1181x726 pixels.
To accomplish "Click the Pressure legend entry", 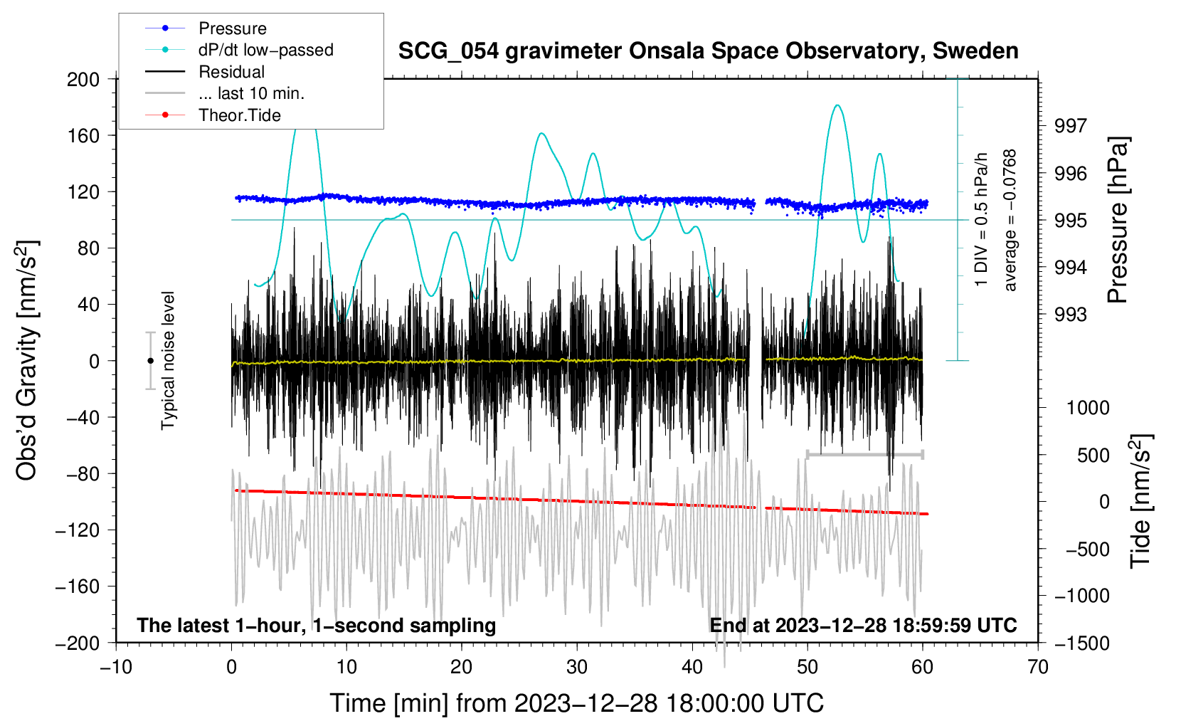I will pyautogui.click(x=232, y=28).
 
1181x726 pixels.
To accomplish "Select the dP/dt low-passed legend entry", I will pyautogui.click(x=265, y=50).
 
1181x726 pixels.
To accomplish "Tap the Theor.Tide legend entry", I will pyautogui.click(x=239, y=115).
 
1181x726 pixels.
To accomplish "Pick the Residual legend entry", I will pyautogui.click(x=231, y=72).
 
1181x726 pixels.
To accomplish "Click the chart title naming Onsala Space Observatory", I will pyautogui.click(x=708, y=51).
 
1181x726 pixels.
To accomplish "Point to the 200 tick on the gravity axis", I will pyautogui.click(x=83, y=79).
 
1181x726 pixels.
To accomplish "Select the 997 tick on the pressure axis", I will pyautogui.click(x=1071, y=126).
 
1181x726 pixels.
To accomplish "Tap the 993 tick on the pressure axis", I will pyautogui.click(x=1071, y=315).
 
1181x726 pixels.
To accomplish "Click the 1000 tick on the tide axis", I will pyautogui.click(x=1088, y=408).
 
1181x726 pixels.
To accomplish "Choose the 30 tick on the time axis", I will pyautogui.click(x=577, y=667).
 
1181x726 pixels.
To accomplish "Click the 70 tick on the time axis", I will pyautogui.click(x=1038, y=667).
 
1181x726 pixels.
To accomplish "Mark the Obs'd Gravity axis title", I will pyautogui.click(x=27, y=361).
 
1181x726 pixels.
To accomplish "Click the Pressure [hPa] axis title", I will pyautogui.click(x=1118, y=221).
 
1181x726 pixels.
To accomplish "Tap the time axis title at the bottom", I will pyautogui.click(x=577, y=703).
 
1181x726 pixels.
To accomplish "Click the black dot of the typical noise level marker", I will pyautogui.click(x=150, y=361).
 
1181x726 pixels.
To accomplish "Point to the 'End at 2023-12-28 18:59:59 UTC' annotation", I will pyautogui.click(x=863, y=625).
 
